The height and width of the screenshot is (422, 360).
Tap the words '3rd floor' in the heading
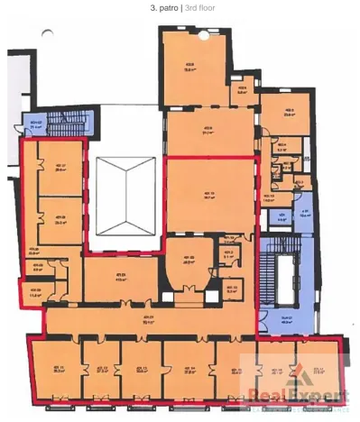pyautogui.click(x=199, y=7)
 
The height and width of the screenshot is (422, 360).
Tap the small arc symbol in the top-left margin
pyautogui.click(x=47, y=34)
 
